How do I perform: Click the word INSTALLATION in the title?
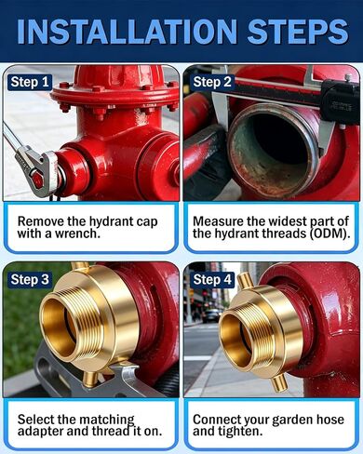(x=128, y=32)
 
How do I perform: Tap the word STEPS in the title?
(x=298, y=32)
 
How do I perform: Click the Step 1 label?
(x=30, y=82)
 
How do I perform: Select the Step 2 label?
(x=212, y=82)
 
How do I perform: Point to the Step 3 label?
(x=30, y=279)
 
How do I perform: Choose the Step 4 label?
(x=212, y=279)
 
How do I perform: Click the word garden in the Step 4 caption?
(x=293, y=420)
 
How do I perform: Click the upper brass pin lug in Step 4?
(x=244, y=281)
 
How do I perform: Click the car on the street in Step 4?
(x=213, y=315)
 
